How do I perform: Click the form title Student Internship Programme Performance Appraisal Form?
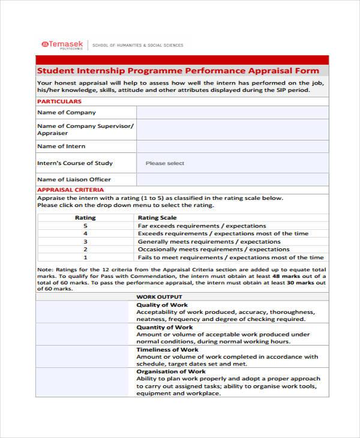[178, 70]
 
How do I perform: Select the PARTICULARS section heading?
[59, 101]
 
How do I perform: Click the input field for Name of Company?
[232, 113]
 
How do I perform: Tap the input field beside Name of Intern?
[232, 146]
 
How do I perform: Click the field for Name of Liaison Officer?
[232, 179]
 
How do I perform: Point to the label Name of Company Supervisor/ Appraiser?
[85, 130]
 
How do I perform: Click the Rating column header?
[85, 218]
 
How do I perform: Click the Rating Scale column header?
[157, 218]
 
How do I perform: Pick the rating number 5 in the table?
[85, 226]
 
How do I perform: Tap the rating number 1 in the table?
[85, 257]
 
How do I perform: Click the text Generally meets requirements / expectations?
[214, 241]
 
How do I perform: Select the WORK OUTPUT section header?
[160, 297]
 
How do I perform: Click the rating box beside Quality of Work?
[85, 312]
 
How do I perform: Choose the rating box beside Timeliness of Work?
[85, 356]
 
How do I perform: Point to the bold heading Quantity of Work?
[164, 328]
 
